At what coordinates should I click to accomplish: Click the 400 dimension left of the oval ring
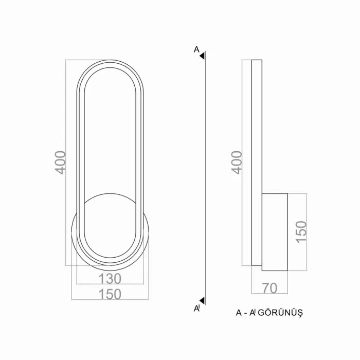[61, 163]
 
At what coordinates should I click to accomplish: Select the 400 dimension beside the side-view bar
[237, 163]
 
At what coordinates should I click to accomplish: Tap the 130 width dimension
[110, 279]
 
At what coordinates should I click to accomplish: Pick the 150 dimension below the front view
[110, 294]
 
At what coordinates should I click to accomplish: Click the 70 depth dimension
[269, 288]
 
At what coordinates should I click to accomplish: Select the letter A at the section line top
[196, 49]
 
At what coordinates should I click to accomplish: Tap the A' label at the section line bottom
[196, 308]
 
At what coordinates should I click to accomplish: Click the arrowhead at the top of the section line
[203, 55]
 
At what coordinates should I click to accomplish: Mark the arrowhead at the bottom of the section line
[203, 300]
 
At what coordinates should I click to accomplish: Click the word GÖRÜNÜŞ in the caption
[281, 313]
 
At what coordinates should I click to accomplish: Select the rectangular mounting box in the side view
[275, 232]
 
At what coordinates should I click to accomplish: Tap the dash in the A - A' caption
[246, 313]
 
